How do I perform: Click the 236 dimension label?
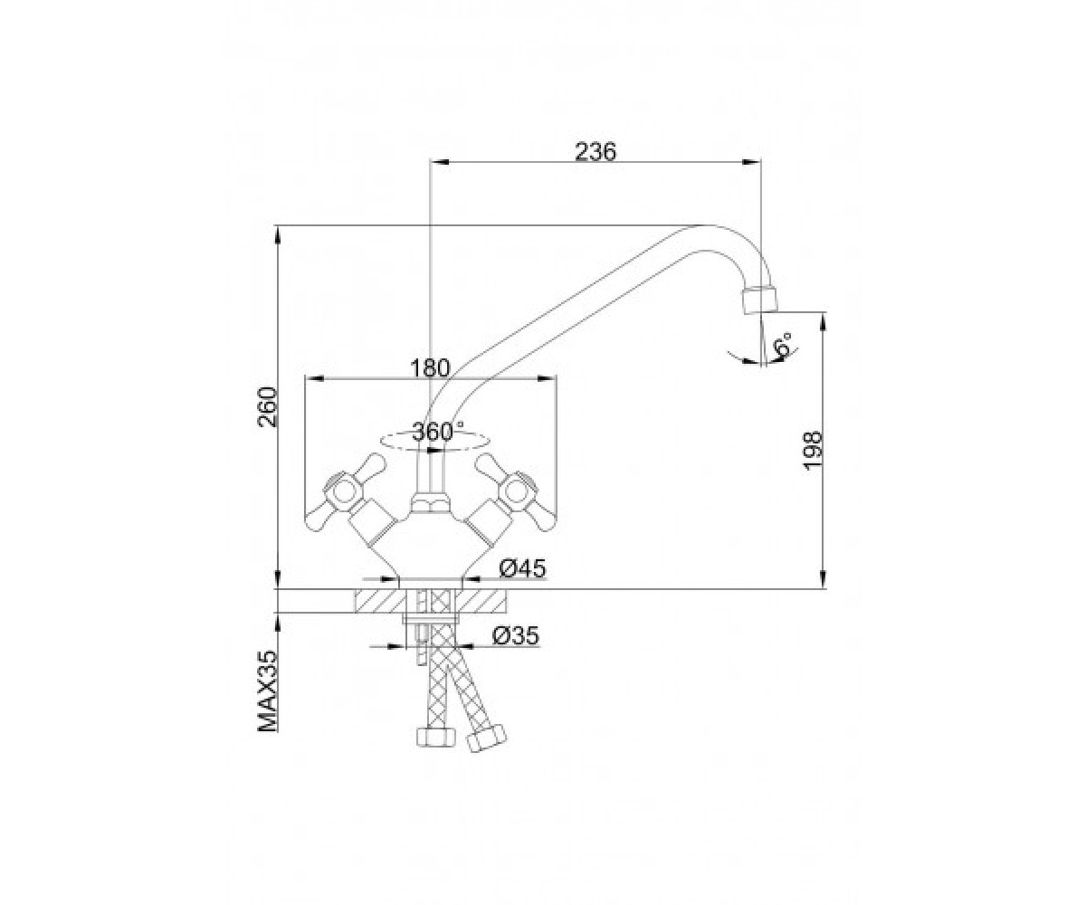tap(595, 151)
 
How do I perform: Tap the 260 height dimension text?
tap(268, 407)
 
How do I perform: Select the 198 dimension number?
tap(813, 451)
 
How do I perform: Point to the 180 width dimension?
tap(430, 368)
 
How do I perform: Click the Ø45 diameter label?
tap(523, 568)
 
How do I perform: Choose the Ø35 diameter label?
tap(516, 635)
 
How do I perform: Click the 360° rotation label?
tap(438, 431)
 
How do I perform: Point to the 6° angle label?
tap(783, 345)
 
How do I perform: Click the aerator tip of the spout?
tap(759, 300)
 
